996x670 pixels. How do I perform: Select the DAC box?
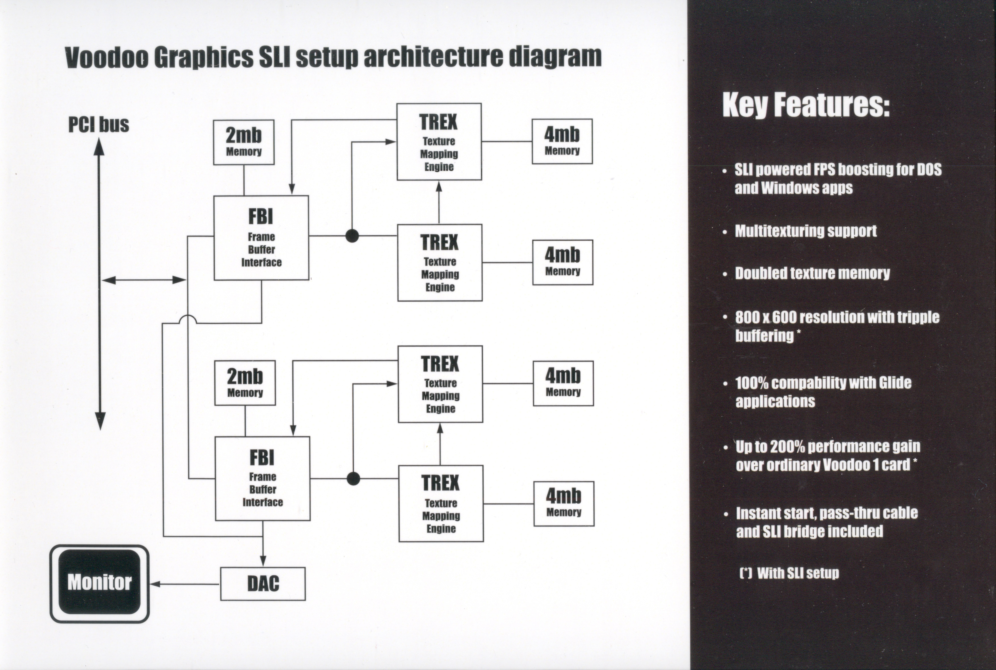pyautogui.click(x=263, y=584)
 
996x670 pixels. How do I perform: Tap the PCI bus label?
pyautogui.click(x=99, y=125)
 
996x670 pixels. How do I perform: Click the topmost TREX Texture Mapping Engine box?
pyautogui.click(x=439, y=142)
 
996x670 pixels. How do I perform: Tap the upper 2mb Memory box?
pyautogui.click(x=244, y=142)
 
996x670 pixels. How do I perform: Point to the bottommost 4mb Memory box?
pyautogui.click(x=564, y=503)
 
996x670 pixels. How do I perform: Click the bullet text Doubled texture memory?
pyautogui.click(x=812, y=273)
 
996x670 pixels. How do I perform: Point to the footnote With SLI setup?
pyautogui.click(x=797, y=573)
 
